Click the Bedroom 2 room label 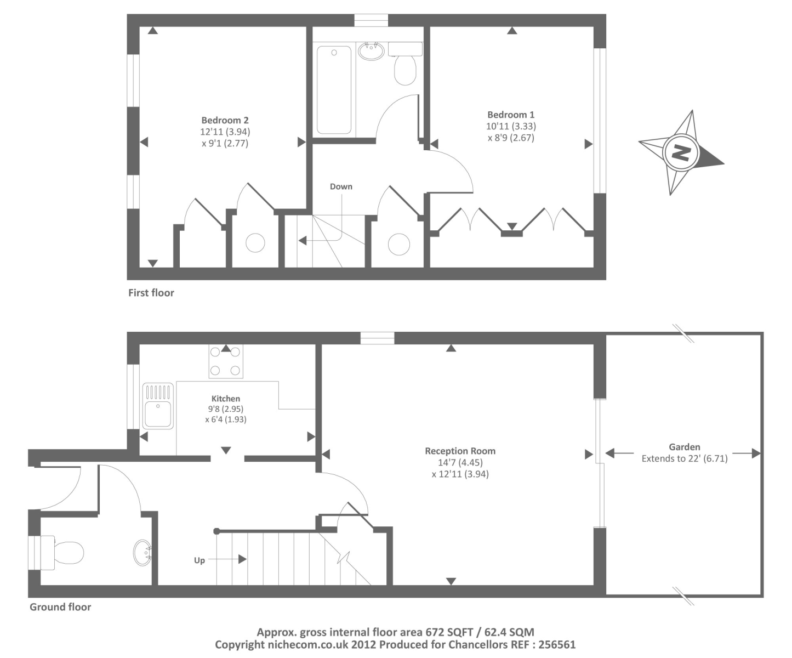(x=225, y=120)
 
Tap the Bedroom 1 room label (x=511, y=115)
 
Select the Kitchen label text (x=226, y=399)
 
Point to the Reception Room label (x=460, y=451)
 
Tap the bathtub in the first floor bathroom (x=334, y=90)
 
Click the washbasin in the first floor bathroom (x=372, y=51)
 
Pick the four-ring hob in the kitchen (x=226, y=361)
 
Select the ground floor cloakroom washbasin (x=143, y=553)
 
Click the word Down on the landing (x=341, y=186)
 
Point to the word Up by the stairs (x=200, y=560)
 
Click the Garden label (x=684, y=447)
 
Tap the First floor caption (x=151, y=293)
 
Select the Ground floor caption (x=60, y=607)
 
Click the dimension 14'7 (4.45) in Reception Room (x=460, y=463)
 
